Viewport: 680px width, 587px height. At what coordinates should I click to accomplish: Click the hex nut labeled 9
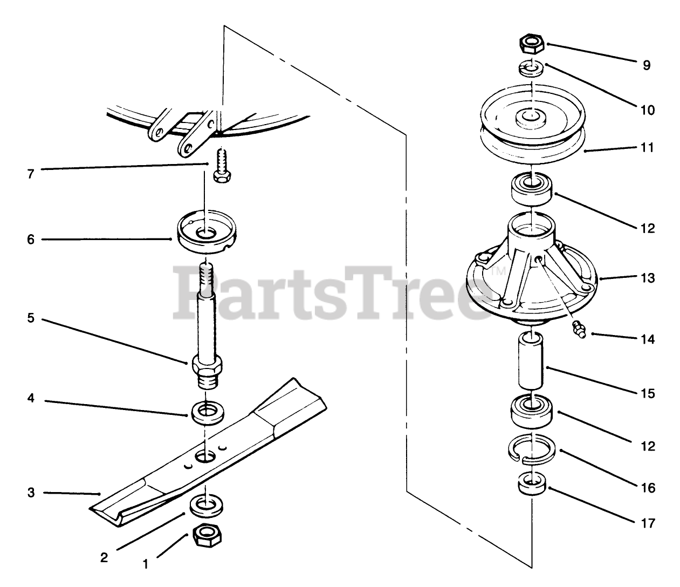coord(532,44)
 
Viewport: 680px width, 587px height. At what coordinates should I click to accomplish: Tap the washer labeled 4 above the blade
coord(207,413)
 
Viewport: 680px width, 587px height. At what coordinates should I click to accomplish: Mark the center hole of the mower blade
coord(205,456)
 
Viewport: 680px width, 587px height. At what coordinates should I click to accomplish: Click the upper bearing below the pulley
coord(531,189)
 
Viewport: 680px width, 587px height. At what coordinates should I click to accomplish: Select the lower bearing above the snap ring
coord(531,412)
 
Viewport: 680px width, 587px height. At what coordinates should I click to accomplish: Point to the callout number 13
coord(648,278)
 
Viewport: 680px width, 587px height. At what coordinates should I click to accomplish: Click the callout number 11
coord(647,147)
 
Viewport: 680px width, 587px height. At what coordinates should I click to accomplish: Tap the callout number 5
coord(31,318)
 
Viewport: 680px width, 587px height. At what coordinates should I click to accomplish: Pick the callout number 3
coord(31,493)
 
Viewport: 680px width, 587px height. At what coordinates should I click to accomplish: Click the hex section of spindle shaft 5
coord(207,364)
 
